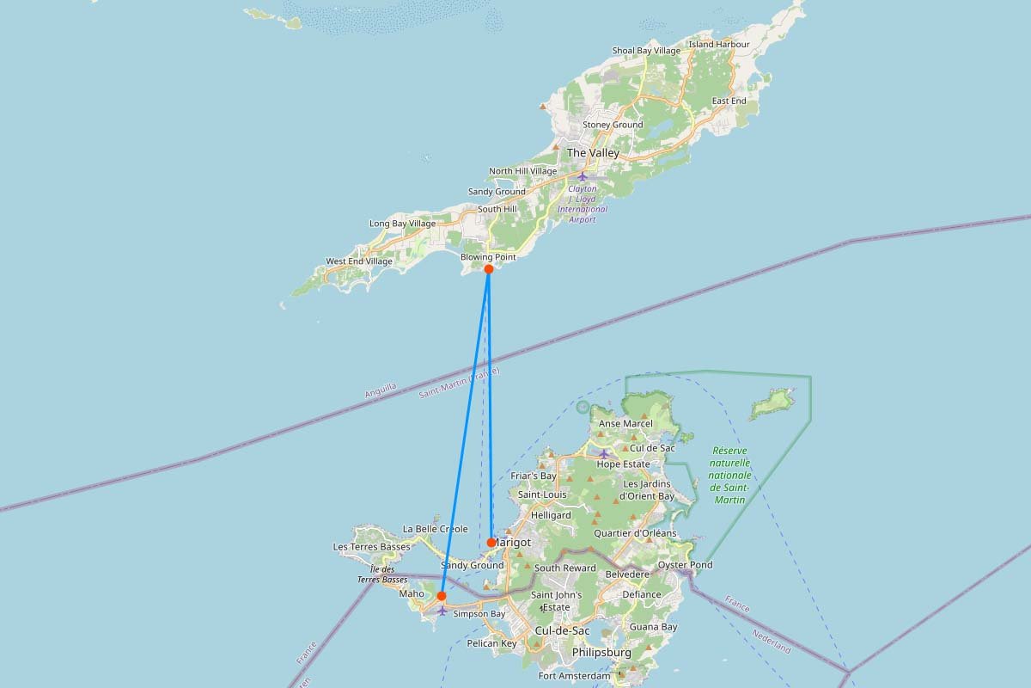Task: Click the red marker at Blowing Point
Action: [488, 269]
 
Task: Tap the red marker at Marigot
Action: [491, 543]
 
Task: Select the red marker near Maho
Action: [441, 596]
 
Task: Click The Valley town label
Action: [593, 153]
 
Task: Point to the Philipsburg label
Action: [601, 653]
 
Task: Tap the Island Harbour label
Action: [719, 45]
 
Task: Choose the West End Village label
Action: [359, 261]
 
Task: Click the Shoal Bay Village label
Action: [646, 51]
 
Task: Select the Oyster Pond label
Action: [685, 565]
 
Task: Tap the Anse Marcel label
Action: [625, 424]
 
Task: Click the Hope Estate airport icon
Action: [604, 453]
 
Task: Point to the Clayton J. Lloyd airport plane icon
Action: [583, 176]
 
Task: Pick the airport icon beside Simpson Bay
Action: [442, 611]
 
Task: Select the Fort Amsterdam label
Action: [575, 676]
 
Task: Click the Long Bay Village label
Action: [402, 224]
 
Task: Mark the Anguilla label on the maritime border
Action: [381, 390]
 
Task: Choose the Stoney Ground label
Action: [613, 125]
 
